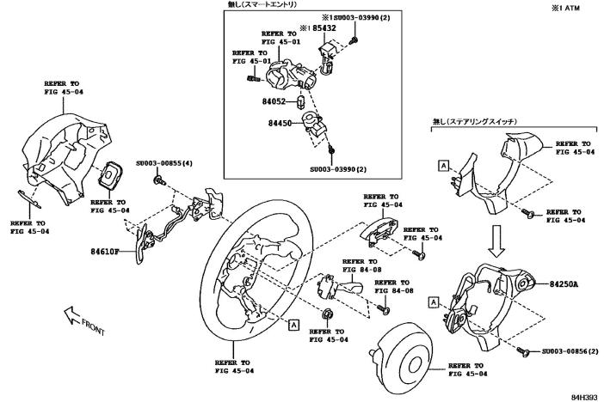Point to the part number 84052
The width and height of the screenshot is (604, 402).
point(279,102)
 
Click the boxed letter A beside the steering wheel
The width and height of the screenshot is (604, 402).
point(293,325)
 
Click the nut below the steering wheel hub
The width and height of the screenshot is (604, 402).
point(328,310)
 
